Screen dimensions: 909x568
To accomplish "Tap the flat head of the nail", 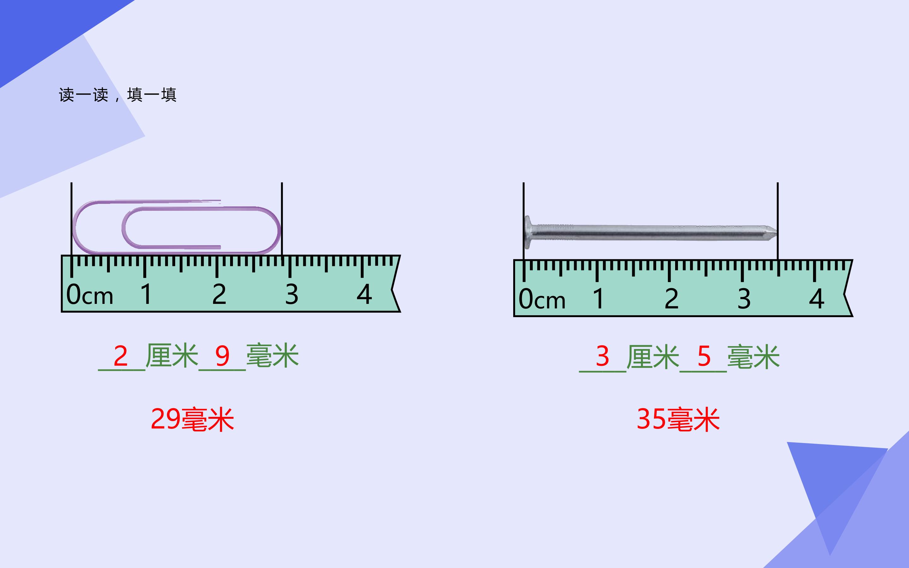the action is click(x=528, y=232).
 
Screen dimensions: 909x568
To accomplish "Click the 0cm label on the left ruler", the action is click(x=89, y=294).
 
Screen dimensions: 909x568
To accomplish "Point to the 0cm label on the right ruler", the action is click(x=542, y=299).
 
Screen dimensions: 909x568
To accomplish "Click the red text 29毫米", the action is click(x=192, y=419).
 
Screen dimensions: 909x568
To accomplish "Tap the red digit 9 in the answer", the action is click(x=223, y=356).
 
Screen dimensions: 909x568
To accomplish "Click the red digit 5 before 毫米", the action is click(x=704, y=356).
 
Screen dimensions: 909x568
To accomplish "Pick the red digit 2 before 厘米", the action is click(x=121, y=356).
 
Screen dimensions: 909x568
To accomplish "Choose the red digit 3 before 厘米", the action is click(x=603, y=356).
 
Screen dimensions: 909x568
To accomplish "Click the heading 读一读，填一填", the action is click(x=117, y=95).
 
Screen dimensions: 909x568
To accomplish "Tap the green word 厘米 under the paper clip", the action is click(x=172, y=355).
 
